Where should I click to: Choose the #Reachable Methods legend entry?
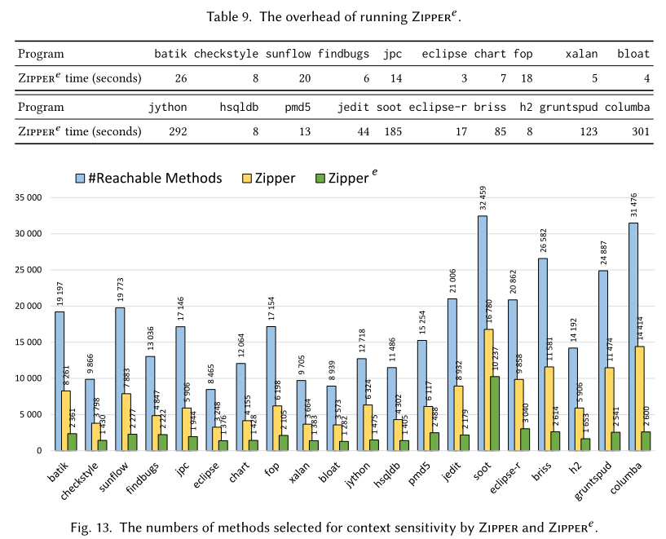point(146,177)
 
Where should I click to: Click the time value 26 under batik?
point(180,78)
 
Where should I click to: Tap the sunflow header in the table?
point(287,55)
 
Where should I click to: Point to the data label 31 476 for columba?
point(634,202)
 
